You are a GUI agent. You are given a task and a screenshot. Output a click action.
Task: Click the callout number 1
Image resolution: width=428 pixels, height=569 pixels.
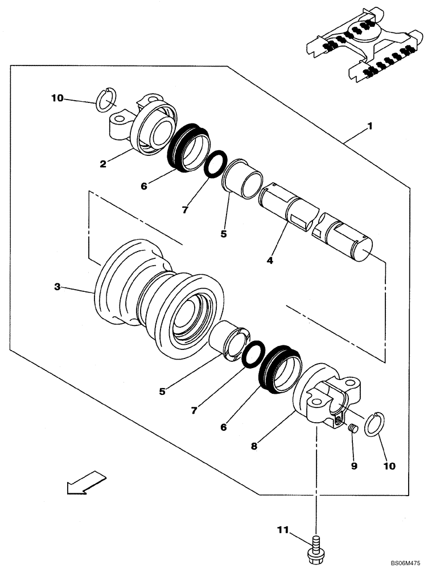[x=370, y=126]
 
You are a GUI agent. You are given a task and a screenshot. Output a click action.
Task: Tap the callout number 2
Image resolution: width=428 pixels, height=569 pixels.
[x=102, y=164]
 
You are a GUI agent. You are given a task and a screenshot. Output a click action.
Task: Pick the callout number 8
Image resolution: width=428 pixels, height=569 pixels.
[x=254, y=447]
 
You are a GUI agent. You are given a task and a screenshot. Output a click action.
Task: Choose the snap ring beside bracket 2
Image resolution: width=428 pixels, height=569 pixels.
[x=106, y=100]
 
